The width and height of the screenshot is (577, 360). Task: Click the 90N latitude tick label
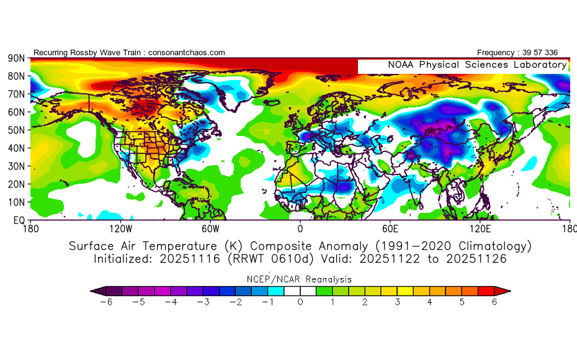[15, 58]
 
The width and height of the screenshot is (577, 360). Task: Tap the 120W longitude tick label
[120, 228]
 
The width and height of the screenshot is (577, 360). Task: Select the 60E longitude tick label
[390, 228]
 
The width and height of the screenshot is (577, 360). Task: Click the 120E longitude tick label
[480, 228]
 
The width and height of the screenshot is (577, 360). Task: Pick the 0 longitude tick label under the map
[300, 228]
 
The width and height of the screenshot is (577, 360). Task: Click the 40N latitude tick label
[15, 148]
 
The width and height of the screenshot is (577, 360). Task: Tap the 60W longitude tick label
[210, 228]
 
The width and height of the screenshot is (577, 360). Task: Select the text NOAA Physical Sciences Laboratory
[477, 65]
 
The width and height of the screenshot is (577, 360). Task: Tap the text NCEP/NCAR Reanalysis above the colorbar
[300, 279]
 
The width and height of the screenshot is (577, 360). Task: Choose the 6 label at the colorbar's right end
[494, 302]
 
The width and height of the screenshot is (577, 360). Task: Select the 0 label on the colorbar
[300, 302]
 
